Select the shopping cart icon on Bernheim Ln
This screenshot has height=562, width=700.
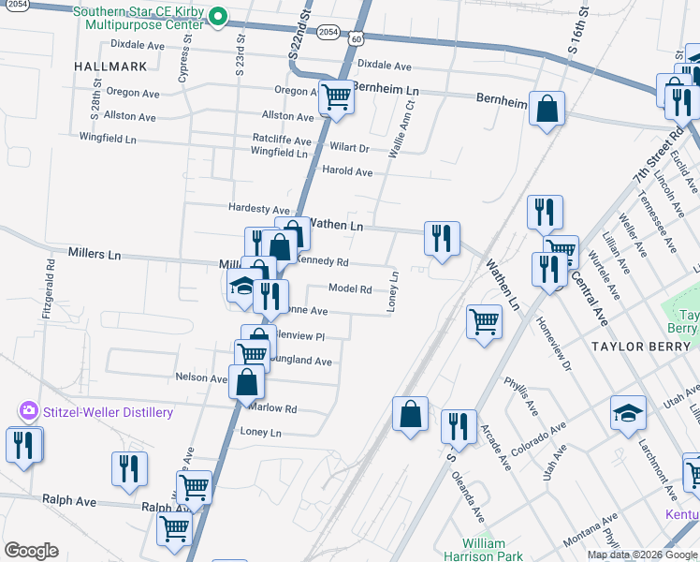tap(335, 96)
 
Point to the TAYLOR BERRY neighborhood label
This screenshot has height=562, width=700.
tap(645, 347)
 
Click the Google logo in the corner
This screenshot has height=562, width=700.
tap(31, 551)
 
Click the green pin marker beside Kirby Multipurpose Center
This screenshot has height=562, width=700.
tap(218, 16)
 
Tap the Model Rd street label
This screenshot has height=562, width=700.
tap(351, 289)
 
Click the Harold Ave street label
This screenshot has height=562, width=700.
tap(347, 171)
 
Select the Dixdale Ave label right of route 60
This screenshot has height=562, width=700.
tap(385, 67)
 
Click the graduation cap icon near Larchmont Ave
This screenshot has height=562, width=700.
tap(628, 412)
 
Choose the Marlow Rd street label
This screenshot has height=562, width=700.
tap(271, 409)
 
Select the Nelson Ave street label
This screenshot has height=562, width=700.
tap(201, 377)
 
